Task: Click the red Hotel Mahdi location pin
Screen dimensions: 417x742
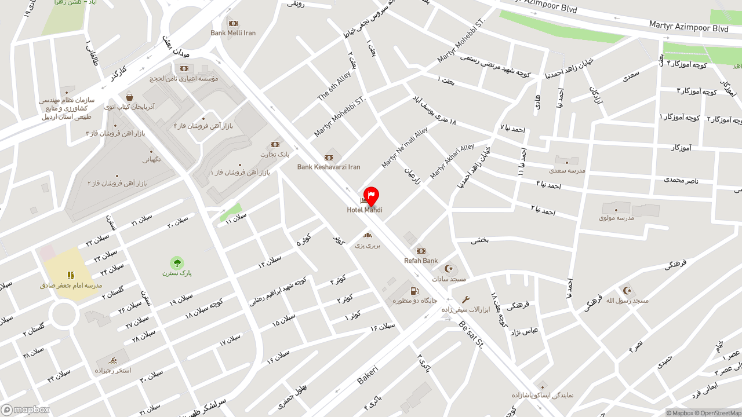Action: pyautogui.click(x=371, y=196)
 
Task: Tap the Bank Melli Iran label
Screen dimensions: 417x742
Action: pyautogui.click(x=233, y=33)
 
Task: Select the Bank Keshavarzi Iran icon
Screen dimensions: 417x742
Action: pyautogui.click(x=329, y=158)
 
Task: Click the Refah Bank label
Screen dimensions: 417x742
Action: pyautogui.click(x=421, y=261)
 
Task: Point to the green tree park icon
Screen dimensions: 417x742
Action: pyautogui.click(x=177, y=263)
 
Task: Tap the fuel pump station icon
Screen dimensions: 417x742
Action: pyautogui.click(x=414, y=291)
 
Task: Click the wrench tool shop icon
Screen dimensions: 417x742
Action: pyautogui.click(x=465, y=299)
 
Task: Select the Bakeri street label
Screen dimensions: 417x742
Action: pyautogui.click(x=368, y=374)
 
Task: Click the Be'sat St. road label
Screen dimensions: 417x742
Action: pyautogui.click(x=471, y=335)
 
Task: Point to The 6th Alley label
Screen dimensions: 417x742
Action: pyautogui.click(x=334, y=86)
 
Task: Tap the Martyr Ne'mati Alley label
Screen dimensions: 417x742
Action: pyautogui.click(x=405, y=148)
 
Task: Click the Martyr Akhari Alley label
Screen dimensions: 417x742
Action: pyautogui.click(x=452, y=161)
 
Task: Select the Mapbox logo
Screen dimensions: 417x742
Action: pyautogui.click(x=26, y=410)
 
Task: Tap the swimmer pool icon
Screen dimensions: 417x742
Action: pyautogui.click(x=112, y=361)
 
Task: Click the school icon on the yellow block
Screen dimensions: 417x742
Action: pyautogui.click(x=71, y=275)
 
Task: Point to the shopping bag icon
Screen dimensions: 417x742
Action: pyautogui.click(x=129, y=97)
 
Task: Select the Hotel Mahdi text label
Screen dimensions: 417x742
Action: pyautogui.click(x=365, y=210)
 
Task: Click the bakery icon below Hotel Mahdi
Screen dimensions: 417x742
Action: pyautogui.click(x=368, y=235)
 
